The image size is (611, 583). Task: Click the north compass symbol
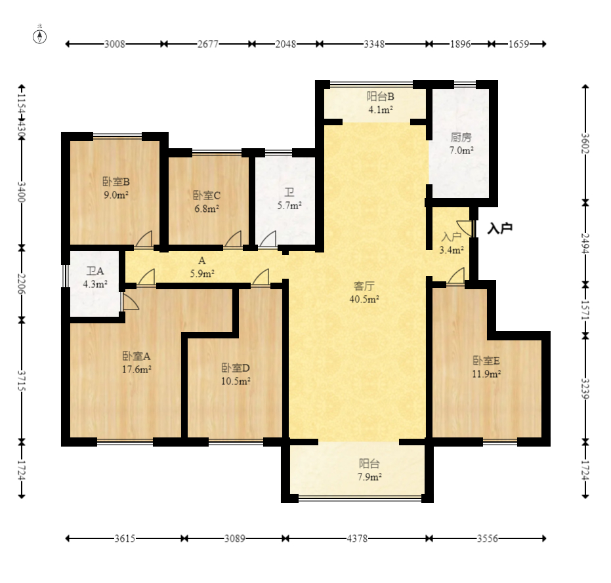(x=39, y=36)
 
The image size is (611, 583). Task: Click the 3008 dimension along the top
(x=115, y=44)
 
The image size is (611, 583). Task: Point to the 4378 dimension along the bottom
(x=357, y=538)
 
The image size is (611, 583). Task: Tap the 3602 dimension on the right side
(x=585, y=144)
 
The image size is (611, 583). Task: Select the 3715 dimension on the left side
(x=22, y=381)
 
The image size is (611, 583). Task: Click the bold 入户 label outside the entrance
(x=500, y=228)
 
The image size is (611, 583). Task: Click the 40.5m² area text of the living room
(x=364, y=299)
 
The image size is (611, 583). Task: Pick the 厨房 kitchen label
(x=461, y=137)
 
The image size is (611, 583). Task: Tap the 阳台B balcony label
(x=381, y=96)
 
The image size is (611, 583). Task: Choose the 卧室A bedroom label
(x=137, y=355)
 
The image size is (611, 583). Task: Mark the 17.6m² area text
(x=137, y=369)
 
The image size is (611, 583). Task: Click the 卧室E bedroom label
(x=486, y=361)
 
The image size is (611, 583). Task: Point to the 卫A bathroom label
(x=95, y=271)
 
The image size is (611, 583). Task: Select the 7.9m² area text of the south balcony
(x=369, y=477)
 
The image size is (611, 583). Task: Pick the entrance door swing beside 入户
(x=465, y=228)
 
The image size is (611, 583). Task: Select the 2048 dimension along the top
(x=285, y=44)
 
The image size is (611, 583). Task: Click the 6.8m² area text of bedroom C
(x=207, y=209)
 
